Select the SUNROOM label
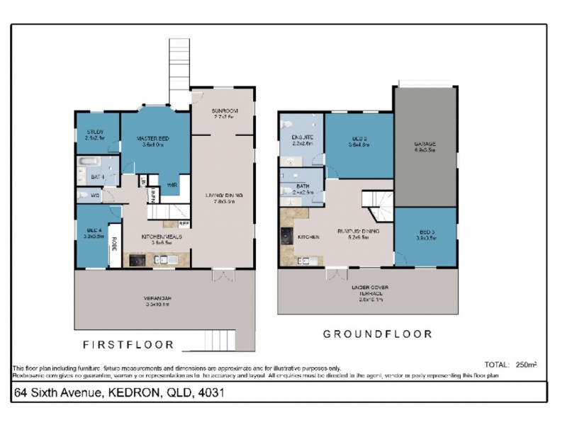tap(224, 111)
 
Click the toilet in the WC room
tap(83, 195)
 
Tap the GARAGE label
tap(425, 144)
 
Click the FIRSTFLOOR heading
tap(128, 346)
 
